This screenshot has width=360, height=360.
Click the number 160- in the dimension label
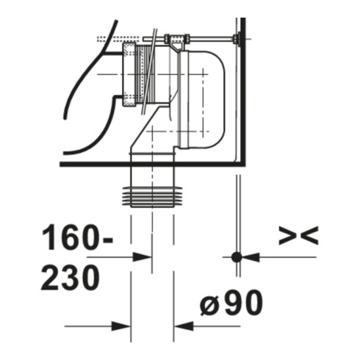77,237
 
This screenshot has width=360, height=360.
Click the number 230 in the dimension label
71,278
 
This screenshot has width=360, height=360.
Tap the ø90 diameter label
231,302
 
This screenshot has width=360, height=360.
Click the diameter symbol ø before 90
209,304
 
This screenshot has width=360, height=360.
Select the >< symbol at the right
298,235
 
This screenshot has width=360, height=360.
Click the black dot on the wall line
237,257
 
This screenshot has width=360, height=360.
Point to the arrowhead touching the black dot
251,257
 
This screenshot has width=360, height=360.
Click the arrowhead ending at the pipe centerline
143,257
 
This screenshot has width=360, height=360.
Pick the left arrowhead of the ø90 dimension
121,326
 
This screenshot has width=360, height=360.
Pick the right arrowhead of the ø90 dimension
184,326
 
